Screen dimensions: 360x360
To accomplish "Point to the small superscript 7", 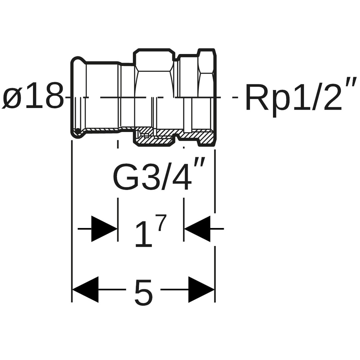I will point(161,223).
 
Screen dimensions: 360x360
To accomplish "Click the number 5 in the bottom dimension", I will point(144,292).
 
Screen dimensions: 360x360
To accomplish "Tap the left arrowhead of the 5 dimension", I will point(86,289).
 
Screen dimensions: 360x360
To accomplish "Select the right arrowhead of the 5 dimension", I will point(201,289).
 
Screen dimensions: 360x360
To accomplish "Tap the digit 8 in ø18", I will point(54,96).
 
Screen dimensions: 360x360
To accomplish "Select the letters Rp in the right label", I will point(267,97).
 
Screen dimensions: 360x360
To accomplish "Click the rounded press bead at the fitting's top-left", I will point(78,61).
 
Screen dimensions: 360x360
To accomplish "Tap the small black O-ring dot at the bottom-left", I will point(78,130).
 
